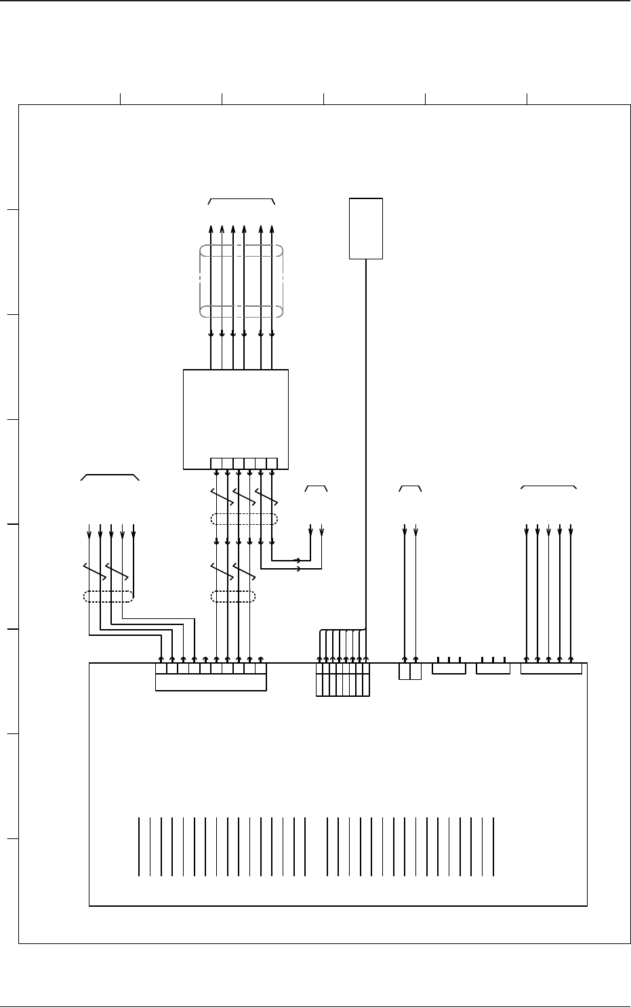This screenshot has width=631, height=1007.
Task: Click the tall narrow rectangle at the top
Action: click(366, 228)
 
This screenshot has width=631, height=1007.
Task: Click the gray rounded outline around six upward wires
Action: click(241, 281)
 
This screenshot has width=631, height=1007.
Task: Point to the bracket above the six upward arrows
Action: click(241, 200)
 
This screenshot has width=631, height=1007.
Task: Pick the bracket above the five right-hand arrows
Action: click(548, 486)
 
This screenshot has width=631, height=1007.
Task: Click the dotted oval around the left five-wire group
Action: click(108, 597)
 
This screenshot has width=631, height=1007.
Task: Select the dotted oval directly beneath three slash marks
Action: click(244, 519)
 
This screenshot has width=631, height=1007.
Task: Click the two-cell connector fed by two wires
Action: click(410, 671)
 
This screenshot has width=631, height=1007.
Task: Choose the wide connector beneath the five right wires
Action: click(550, 669)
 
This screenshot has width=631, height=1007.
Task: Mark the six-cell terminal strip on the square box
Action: click(244, 463)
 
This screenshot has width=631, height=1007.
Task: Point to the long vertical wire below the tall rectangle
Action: click(366, 440)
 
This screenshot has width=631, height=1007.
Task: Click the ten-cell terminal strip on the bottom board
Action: click(211, 668)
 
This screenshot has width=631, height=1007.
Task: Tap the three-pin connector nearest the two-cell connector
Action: click(449, 669)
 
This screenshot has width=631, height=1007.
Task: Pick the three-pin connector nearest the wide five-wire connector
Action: click(493, 669)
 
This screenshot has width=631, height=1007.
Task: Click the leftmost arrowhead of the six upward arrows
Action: click(211, 228)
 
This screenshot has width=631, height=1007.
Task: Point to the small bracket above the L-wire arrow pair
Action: click(316, 487)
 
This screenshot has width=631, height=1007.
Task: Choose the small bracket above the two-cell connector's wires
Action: click(410, 487)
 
